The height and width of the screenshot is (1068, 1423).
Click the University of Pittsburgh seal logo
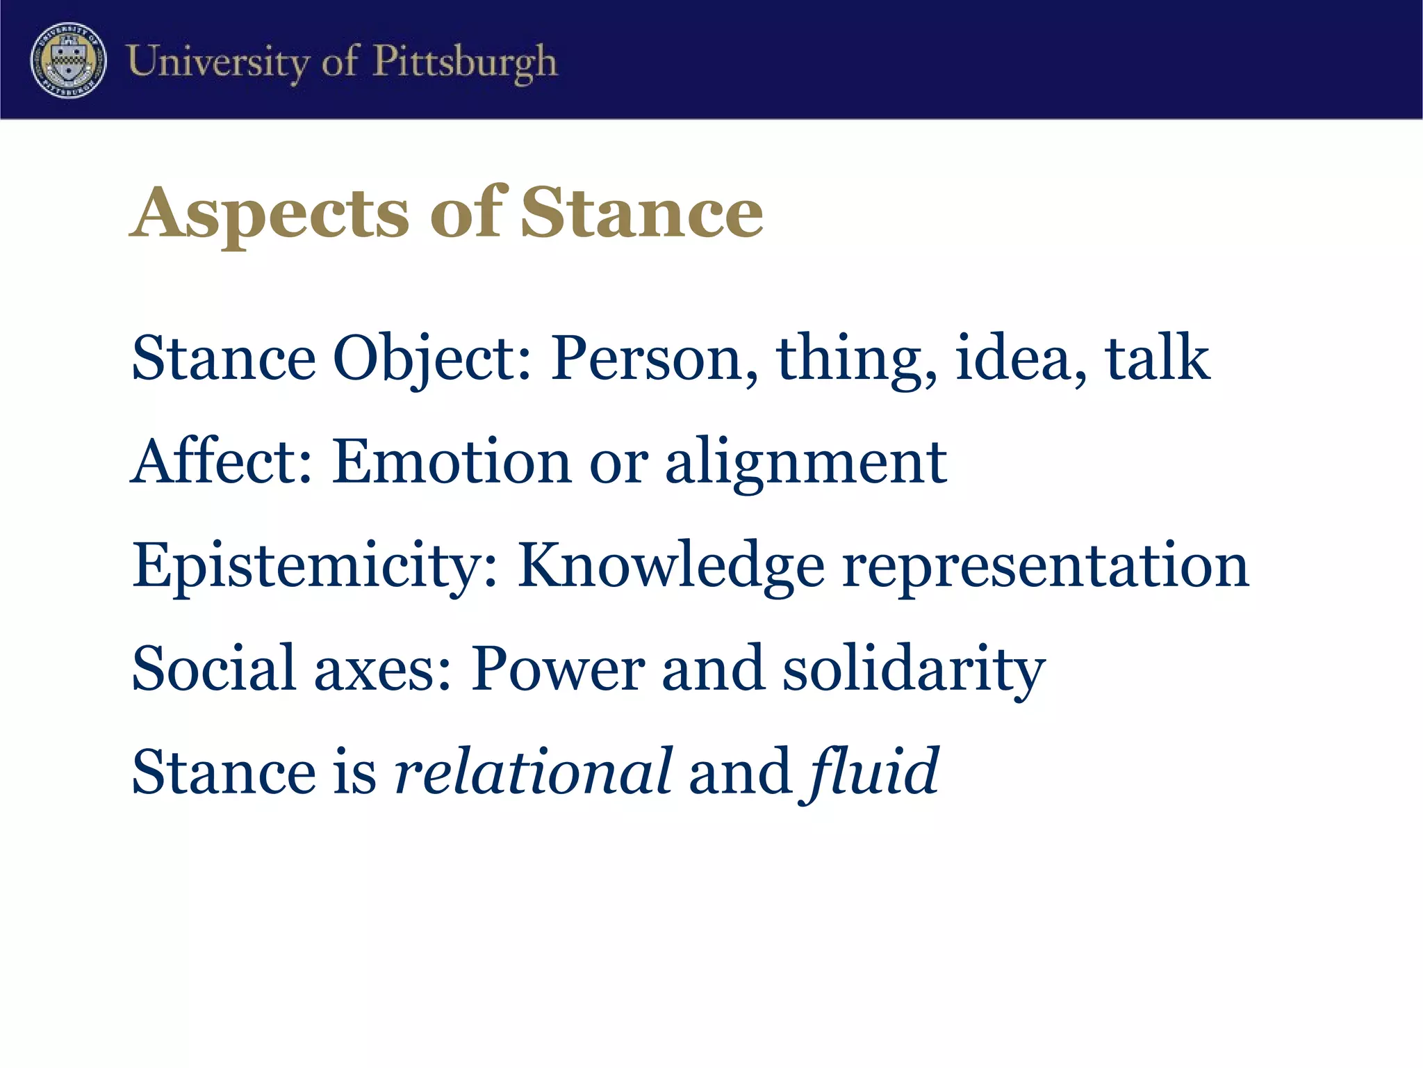(68, 60)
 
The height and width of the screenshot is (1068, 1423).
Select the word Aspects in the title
(270, 214)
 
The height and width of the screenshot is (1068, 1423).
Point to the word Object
(431, 359)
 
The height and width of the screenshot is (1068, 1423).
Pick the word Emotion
(451, 462)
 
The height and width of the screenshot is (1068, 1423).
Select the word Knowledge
(671, 566)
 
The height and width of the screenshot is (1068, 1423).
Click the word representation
(1046, 567)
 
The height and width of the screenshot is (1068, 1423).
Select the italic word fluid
(873, 772)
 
